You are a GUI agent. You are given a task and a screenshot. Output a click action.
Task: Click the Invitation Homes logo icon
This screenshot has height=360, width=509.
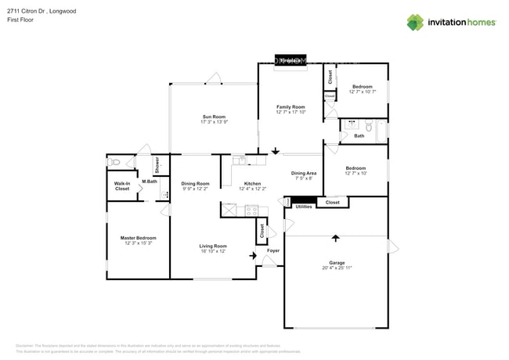click(415, 22)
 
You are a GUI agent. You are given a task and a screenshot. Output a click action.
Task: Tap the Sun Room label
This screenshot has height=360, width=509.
click(214, 117)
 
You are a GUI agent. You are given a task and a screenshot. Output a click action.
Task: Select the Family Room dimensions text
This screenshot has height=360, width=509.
click(291, 112)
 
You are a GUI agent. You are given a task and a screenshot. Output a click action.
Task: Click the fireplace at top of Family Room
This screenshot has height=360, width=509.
click(291, 59)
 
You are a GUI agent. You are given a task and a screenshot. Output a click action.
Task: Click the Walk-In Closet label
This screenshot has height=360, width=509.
click(122, 186)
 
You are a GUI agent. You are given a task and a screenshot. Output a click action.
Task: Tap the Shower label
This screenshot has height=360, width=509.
click(157, 164)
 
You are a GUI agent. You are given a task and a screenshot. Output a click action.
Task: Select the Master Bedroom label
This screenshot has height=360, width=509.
click(138, 237)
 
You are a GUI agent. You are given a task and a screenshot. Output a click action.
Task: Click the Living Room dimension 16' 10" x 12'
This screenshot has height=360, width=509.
click(212, 250)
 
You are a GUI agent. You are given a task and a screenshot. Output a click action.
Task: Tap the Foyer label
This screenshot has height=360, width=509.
click(273, 250)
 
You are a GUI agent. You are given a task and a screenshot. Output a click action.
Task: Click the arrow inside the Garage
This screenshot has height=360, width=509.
click(336, 237)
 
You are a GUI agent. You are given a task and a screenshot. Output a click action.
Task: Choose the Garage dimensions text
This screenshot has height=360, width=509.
click(336, 268)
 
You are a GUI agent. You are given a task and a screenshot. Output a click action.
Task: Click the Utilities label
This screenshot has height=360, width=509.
click(304, 206)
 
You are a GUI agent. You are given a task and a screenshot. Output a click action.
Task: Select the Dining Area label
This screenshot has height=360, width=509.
click(304, 173)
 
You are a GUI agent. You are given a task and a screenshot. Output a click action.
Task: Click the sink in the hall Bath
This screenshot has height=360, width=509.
click(352, 124)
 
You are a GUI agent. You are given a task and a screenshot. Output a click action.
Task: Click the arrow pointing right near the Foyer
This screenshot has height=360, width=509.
click(253, 254)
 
